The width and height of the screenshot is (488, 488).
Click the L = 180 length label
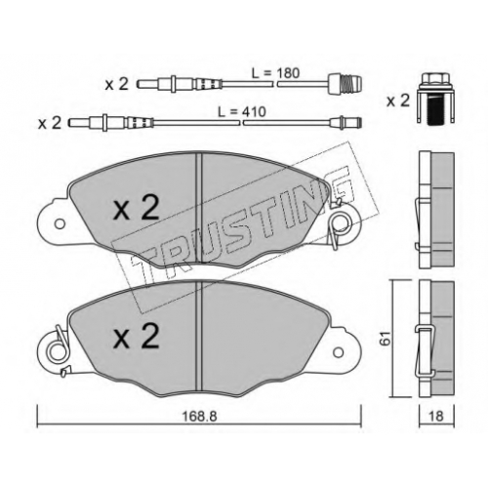click(275, 73)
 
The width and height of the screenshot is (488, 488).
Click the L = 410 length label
click(242, 112)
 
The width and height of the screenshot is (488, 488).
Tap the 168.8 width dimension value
click(199, 417)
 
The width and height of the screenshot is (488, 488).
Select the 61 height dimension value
click(386, 339)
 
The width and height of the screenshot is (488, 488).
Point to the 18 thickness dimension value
click(436, 416)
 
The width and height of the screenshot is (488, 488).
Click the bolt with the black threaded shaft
click(435, 98)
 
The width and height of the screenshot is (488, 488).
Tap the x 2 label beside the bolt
click(397, 101)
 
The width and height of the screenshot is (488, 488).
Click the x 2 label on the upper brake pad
click(137, 209)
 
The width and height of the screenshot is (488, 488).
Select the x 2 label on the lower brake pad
click(137, 337)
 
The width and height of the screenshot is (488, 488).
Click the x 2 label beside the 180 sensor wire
click(117, 84)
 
